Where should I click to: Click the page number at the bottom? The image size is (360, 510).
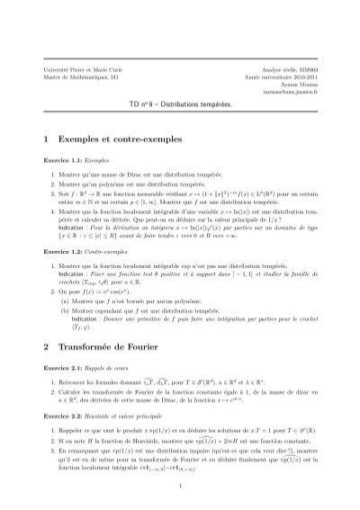(x=180, y=489)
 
